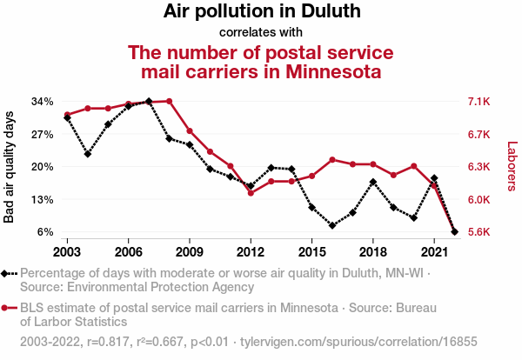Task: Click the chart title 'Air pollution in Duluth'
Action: (262, 12)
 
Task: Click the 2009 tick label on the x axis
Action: (190, 251)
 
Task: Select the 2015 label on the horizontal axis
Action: (311, 251)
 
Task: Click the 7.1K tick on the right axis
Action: (480, 102)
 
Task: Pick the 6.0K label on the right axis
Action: (480, 199)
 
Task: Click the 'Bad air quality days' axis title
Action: (10, 166)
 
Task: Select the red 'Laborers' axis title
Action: (512, 166)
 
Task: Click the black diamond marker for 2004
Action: (87, 154)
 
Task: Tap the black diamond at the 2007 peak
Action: (149, 102)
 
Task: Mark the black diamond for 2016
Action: (332, 225)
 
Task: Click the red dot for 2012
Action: (251, 193)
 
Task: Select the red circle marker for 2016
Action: (332, 160)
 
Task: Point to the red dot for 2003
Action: (67, 115)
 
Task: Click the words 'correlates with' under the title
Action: (261, 33)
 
